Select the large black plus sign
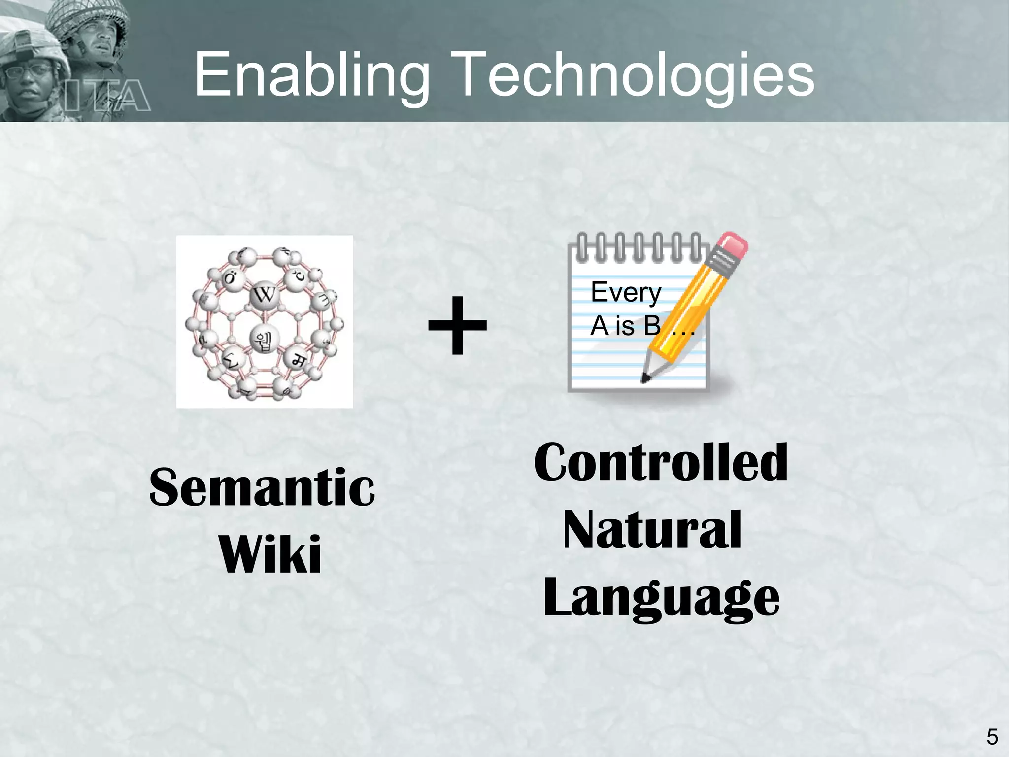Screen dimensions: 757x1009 (x=457, y=325)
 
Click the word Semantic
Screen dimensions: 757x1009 (x=262, y=487)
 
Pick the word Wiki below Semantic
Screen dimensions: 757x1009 (x=270, y=554)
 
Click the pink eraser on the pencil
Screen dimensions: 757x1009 (x=733, y=246)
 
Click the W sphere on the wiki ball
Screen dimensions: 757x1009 (x=265, y=296)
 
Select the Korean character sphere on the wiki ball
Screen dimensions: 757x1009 (x=266, y=339)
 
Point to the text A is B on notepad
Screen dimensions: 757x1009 (x=626, y=326)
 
